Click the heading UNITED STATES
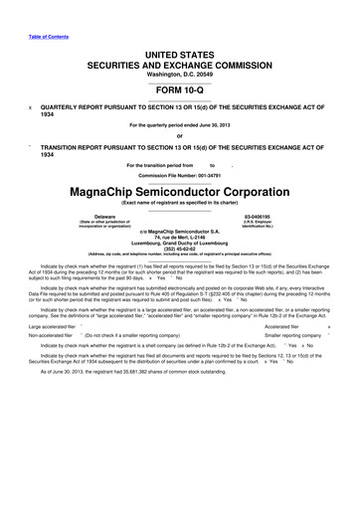(180, 50)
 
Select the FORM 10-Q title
(180, 86)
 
